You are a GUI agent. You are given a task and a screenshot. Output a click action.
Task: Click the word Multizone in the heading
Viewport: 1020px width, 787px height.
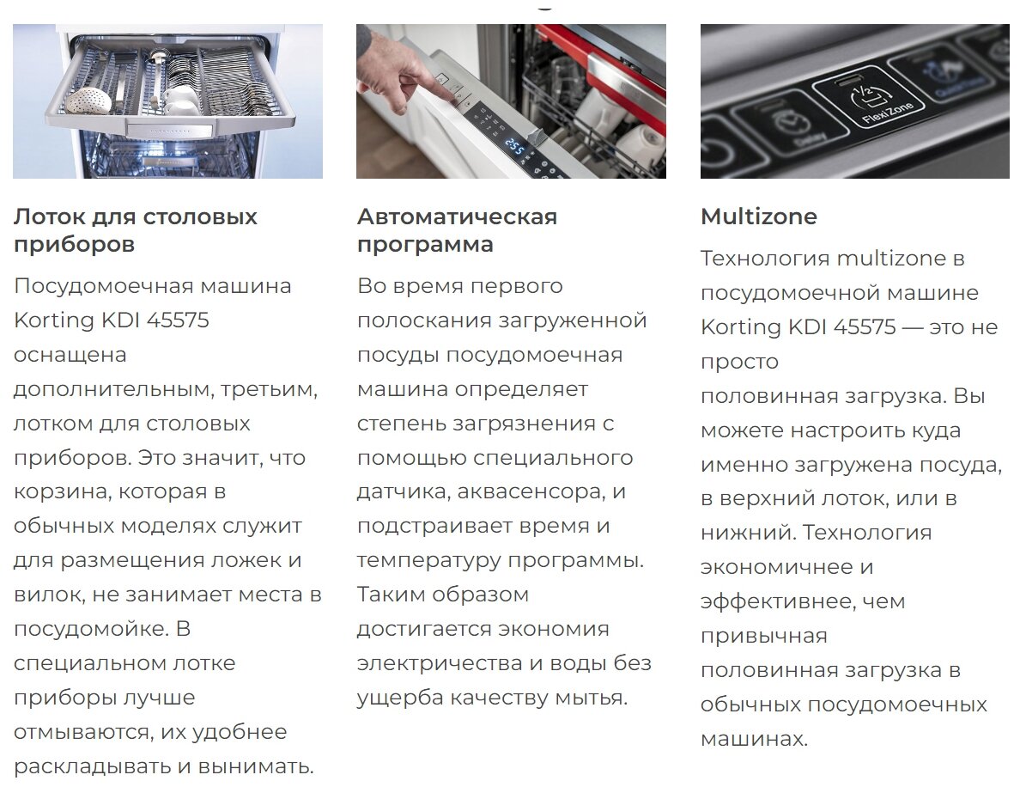[758, 217]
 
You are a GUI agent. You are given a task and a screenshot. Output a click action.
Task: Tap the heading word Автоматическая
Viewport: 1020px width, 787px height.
[457, 217]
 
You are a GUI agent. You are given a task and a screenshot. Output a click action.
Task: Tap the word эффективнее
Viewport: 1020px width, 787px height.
[777, 601]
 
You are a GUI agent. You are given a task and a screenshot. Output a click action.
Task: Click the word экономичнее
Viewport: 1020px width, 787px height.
[777, 567]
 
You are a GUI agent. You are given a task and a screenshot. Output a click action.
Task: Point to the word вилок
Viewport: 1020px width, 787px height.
[48, 595]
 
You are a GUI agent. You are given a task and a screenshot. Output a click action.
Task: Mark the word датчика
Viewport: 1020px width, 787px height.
[404, 491]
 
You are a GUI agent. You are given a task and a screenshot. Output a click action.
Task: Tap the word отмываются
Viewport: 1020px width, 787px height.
[82, 732]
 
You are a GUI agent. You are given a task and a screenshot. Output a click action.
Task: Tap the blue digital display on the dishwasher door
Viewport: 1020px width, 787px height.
[514, 147]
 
